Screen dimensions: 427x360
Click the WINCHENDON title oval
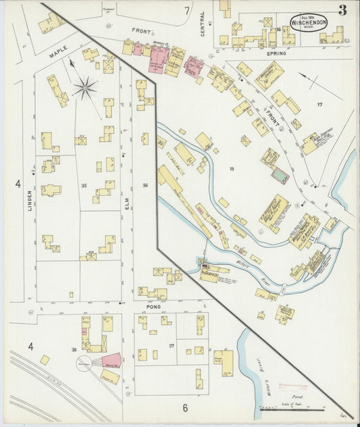[310, 21]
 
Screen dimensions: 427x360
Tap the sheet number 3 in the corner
[343, 10]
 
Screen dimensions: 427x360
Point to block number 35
[84, 184]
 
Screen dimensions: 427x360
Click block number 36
[145, 184]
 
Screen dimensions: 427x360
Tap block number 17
[319, 104]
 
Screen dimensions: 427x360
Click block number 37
[172, 345]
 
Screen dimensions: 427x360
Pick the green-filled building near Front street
[279, 176]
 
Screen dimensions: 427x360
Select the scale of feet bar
[292, 408]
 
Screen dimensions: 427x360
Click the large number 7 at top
[187, 11]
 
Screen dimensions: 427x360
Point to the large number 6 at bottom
[184, 407]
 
